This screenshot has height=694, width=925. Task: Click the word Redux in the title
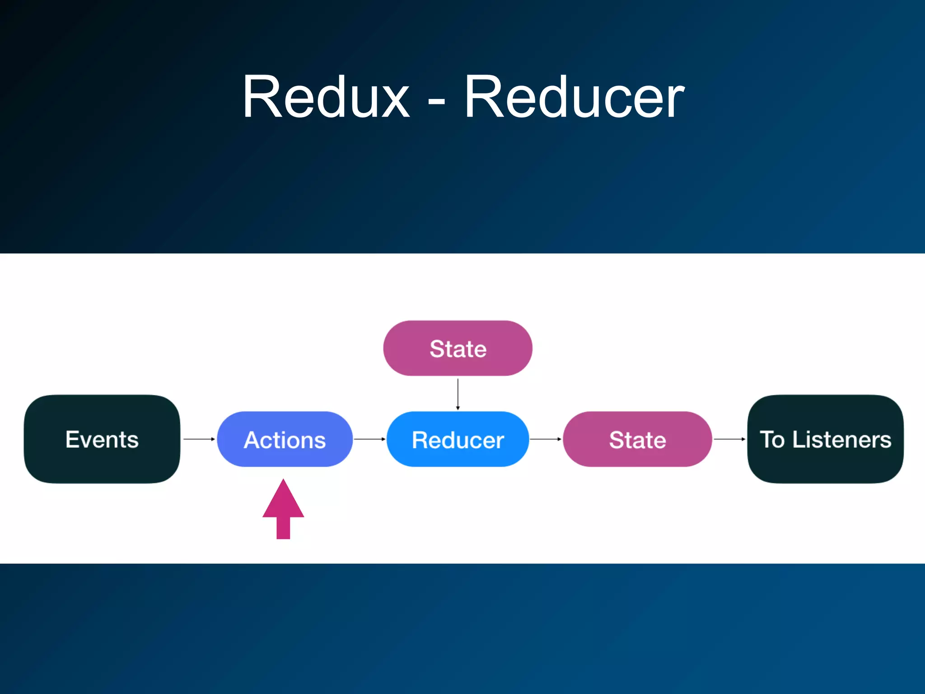click(x=326, y=97)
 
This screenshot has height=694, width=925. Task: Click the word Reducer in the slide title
click(x=575, y=97)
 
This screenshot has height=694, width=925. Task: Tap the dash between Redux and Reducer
click(x=436, y=102)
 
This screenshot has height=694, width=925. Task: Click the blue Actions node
click(x=285, y=439)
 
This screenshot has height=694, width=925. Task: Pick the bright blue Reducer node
click(x=458, y=439)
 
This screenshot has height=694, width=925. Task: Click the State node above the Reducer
click(x=458, y=348)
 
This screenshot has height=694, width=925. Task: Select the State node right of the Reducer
click(x=637, y=439)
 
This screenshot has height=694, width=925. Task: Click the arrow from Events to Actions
click(x=199, y=439)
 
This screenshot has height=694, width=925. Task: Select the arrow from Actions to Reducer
click(x=369, y=439)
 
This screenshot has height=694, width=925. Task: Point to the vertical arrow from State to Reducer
click(x=458, y=394)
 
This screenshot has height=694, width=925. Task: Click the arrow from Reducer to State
click(x=546, y=439)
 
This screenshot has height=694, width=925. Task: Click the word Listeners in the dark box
click(x=841, y=439)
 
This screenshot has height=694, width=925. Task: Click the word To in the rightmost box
click(x=772, y=439)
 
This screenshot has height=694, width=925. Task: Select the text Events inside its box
click(x=102, y=439)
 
